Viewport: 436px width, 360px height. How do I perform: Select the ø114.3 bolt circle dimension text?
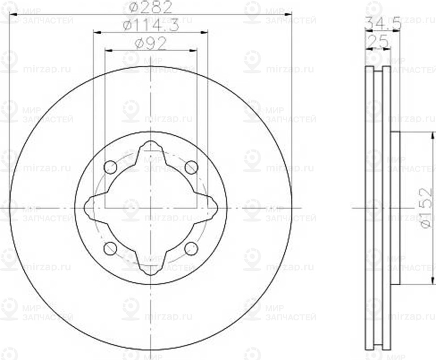(151, 25)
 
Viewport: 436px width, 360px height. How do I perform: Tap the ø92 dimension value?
(151, 44)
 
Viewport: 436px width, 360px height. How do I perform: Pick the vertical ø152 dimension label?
(427, 207)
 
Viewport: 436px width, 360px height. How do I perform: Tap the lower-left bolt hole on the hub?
(110, 248)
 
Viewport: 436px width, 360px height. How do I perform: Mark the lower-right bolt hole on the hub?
(191, 248)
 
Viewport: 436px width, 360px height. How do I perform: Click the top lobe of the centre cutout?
(151, 148)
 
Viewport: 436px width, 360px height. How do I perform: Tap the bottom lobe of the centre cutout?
(151, 267)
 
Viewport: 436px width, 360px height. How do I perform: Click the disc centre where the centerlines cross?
(151, 208)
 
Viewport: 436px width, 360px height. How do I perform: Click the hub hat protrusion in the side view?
(395, 208)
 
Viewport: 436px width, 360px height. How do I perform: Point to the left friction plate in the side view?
(369, 208)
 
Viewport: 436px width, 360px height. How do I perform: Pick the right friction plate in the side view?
(386, 208)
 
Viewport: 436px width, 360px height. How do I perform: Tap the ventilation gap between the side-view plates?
(378, 208)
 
